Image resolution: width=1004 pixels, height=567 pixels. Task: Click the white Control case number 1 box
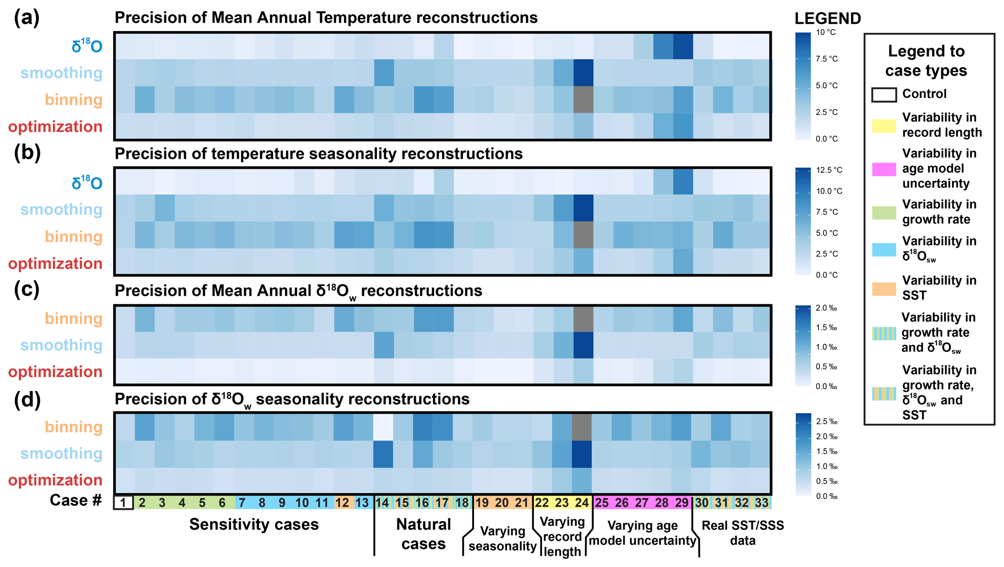point(123,502)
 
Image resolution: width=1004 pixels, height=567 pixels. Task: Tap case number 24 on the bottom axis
point(582,502)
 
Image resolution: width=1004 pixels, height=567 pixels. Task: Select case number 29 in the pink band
point(682,502)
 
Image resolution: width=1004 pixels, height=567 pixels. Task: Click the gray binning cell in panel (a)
point(583,100)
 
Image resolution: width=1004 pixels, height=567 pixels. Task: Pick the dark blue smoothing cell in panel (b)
point(583,208)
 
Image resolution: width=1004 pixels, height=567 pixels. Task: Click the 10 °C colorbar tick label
point(826,33)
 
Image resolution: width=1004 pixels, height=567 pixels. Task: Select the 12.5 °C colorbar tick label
point(829,170)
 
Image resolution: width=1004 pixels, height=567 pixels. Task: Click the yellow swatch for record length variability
point(884,125)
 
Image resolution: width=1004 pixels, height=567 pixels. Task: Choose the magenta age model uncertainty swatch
point(884,169)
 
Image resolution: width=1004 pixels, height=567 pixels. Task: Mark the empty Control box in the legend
point(884,95)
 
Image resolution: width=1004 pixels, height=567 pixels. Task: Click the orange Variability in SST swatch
point(884,288)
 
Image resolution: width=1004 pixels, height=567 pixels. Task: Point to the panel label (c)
point(27,289)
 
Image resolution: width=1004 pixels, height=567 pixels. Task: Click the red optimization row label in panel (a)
point(55,127)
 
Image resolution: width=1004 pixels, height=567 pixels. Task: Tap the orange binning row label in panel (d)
point(74,427)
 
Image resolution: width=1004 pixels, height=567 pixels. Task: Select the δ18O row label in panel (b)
point(87,183)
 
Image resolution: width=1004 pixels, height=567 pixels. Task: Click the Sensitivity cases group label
point(254,524)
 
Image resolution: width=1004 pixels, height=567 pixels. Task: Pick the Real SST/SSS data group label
point(743,533)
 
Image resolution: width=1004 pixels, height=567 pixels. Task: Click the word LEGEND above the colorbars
point(828,18)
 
